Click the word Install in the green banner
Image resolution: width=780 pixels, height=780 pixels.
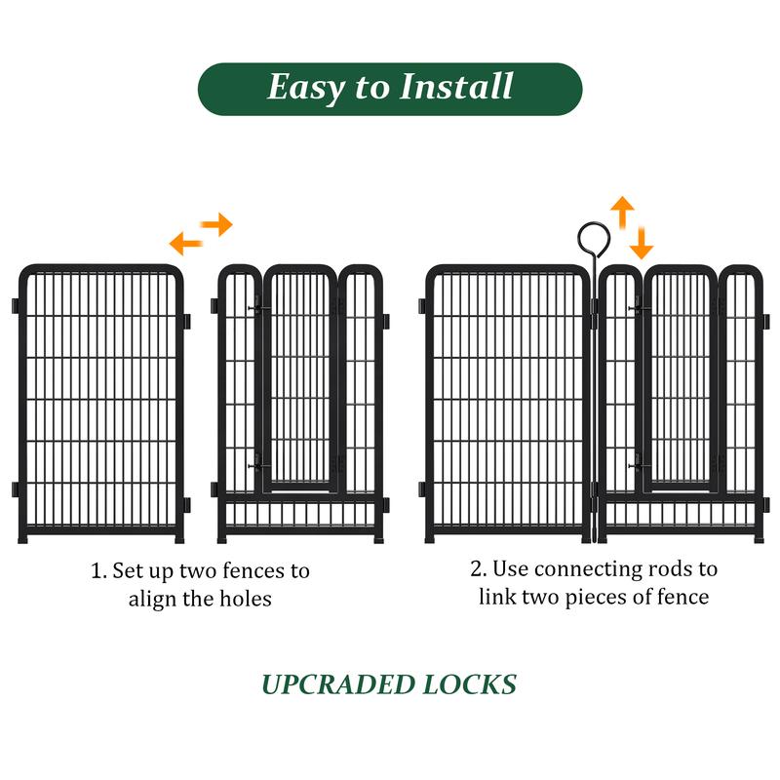tap(456, 87)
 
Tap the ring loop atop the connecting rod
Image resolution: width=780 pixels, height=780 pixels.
tap(593, 238)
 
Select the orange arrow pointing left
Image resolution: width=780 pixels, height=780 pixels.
tap(185, 243)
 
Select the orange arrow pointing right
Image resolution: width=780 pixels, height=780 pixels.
tap(218, 224)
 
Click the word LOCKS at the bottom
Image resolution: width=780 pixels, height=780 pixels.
tap(469, 684)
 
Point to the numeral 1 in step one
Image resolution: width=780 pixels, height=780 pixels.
tap(96, 570)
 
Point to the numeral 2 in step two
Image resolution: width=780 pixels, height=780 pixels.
tap(477, 568)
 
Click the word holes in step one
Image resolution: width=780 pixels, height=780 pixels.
tap(242, 599)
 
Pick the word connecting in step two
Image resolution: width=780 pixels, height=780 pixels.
tap(597, 569)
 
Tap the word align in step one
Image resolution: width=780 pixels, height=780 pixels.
tap(151, 599)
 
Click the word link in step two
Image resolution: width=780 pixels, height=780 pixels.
tap(496, 597)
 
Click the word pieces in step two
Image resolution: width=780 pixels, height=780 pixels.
tap(598, 597)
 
